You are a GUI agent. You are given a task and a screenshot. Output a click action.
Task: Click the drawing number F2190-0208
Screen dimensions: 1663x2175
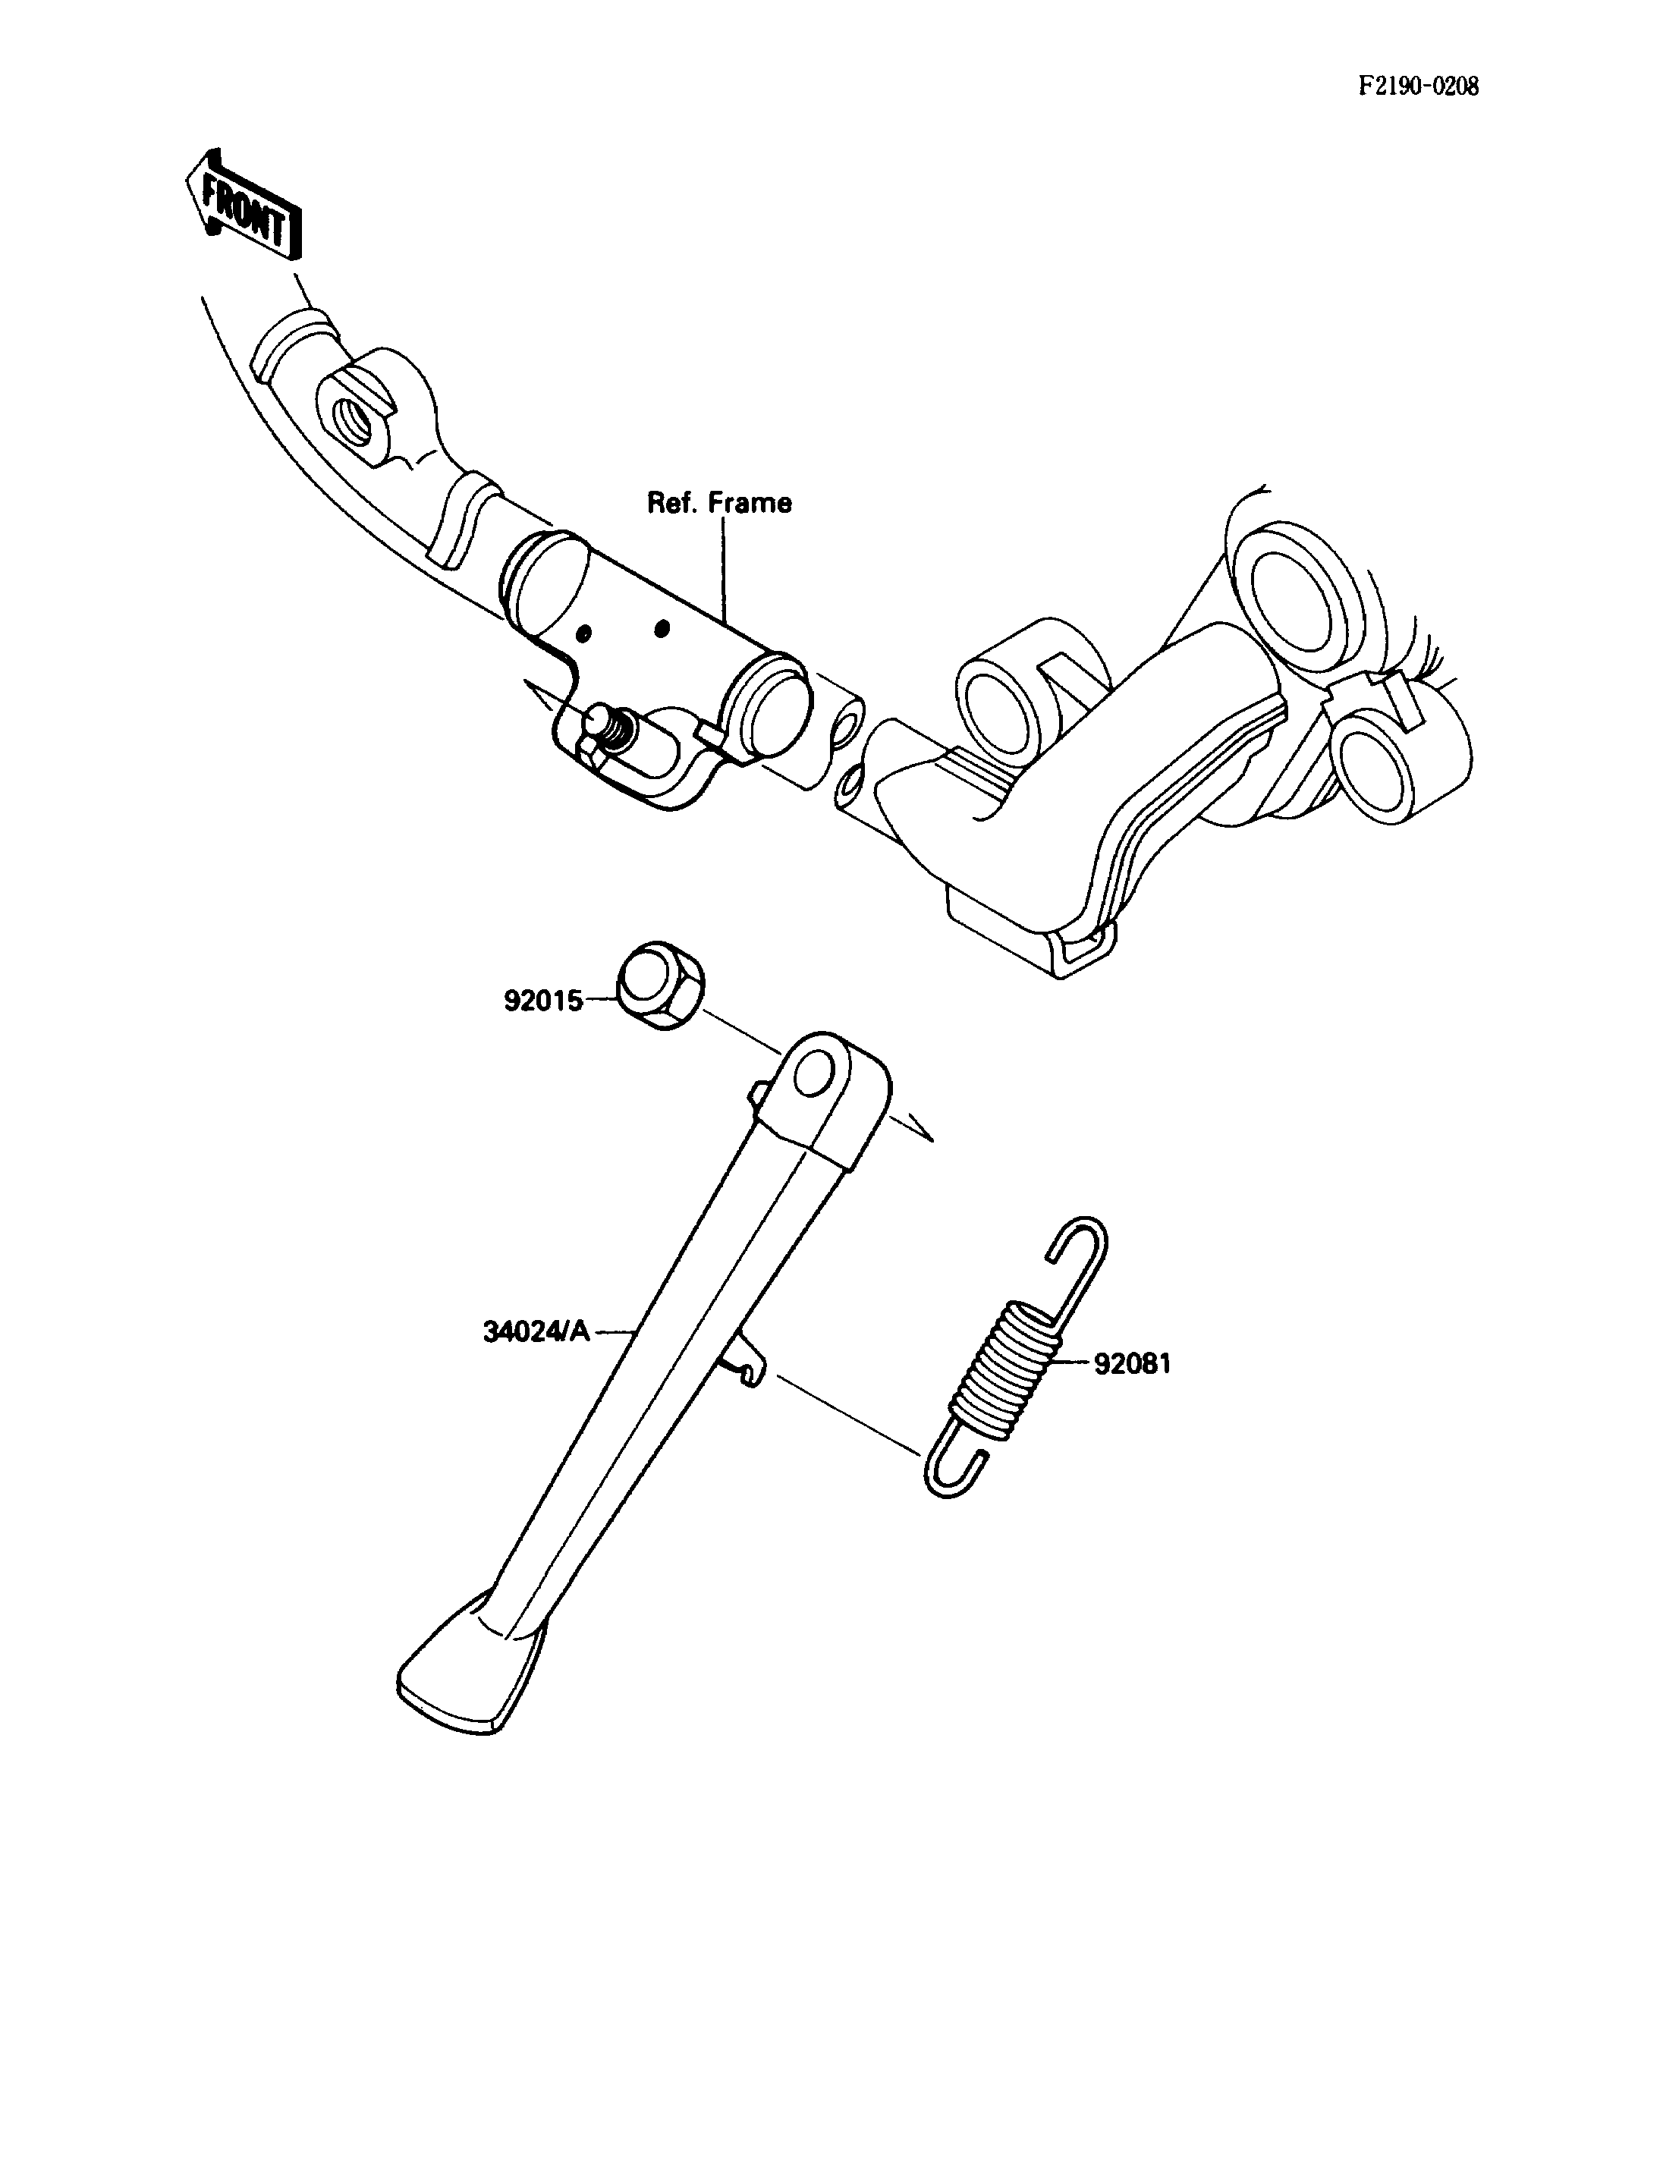pos(1417,86)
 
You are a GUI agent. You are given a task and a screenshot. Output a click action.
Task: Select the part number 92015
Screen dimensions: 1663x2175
pos(543,1001)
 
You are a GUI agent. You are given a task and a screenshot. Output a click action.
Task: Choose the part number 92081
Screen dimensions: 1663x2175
pos(1133,1363)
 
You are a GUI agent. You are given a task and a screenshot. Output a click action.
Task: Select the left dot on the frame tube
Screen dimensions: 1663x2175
pos(584,633)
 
